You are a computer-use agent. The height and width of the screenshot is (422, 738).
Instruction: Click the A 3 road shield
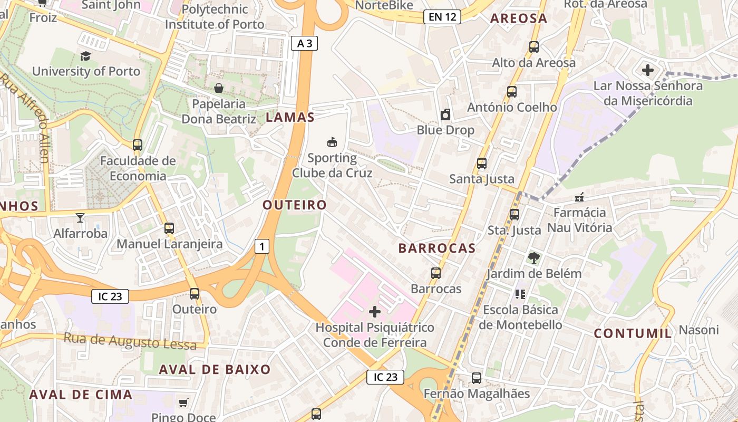[x=305, y=43]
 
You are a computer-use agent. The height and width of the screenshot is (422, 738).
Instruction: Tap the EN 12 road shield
[x=442, y=17]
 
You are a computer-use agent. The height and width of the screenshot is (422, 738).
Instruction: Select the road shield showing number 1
[x=262, y=246]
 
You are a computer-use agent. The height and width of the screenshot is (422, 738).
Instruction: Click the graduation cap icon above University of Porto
[x=85, y=56]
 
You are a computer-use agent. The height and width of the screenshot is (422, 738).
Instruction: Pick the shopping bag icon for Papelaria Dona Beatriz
[x=218, y=88]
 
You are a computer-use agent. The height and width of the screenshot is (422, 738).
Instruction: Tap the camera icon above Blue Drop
[x=445, y=114]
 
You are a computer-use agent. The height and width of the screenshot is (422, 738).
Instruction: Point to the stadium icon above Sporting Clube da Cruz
[x=332, y=142]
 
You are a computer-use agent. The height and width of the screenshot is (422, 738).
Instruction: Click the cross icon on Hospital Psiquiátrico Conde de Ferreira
[x=374, y=312]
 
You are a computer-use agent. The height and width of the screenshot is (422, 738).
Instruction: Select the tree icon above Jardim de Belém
[x=534, y=258]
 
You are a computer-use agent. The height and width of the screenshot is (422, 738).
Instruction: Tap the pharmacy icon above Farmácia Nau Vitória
[x=579, y=198]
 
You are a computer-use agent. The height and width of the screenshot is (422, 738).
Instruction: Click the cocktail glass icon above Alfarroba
[x=80, y=217]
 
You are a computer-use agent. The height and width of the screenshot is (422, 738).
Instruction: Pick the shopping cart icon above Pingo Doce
[x=183, y=402]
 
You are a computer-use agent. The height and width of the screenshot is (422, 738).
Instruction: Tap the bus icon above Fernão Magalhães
[x=477, y=378]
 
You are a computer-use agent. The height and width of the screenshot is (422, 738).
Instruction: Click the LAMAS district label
[x=290, y=117]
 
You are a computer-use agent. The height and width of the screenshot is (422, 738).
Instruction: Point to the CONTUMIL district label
[x=633, y=333]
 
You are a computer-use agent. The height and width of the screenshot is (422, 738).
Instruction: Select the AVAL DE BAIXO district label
[x=215, y=369]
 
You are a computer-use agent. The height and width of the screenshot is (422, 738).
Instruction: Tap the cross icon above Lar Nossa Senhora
[x=648, y=70]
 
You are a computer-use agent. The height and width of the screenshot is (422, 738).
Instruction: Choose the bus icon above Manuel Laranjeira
[x=169, y=228]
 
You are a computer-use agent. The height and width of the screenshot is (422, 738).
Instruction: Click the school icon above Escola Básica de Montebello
[x=520, y=294]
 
